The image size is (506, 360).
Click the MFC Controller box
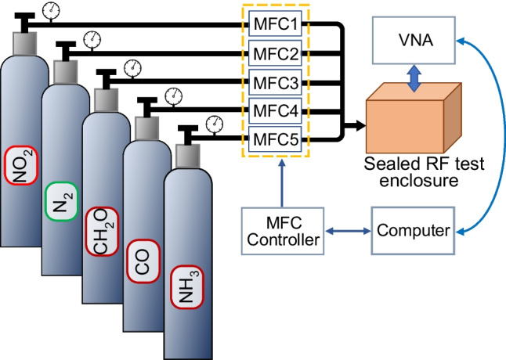coord(281,232)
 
